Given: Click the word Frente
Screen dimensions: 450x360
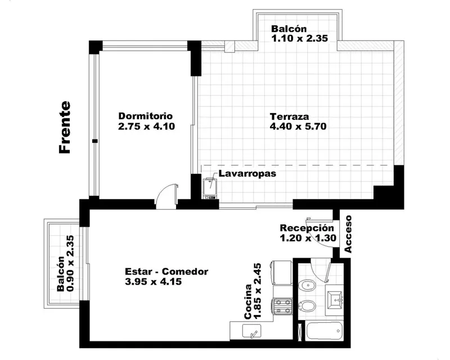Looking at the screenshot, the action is tap(65, 127).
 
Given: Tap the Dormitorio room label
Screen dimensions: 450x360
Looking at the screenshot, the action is tap(146, 116).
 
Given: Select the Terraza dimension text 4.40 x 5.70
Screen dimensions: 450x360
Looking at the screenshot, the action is tap(298, 127).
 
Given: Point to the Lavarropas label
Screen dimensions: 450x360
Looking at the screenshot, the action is tap(247, 173).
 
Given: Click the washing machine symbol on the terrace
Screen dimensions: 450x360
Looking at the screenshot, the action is tap(210, 188).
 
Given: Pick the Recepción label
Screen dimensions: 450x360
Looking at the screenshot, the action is tap(307, 228).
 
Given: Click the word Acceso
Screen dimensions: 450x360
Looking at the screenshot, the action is tap(348, 234).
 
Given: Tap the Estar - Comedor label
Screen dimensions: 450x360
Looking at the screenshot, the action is tap(166, 271).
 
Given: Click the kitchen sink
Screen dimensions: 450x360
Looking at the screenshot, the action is tap(251, 331).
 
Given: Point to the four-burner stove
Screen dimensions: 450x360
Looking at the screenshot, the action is tap(283, 307).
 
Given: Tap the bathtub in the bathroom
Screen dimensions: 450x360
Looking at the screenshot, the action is tap(325, 331).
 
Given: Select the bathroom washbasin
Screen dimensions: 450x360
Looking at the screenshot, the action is tap(335, 300).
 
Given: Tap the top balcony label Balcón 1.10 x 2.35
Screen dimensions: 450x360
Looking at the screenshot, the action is tap(299, 33).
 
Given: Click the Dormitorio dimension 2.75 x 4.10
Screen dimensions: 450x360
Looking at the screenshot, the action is tap(147, 127).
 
